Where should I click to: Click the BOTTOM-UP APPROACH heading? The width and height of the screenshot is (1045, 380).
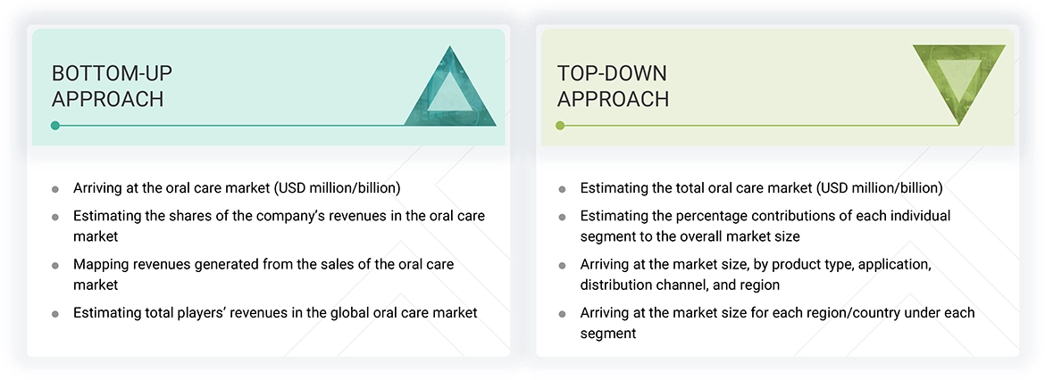(x=112, y=86)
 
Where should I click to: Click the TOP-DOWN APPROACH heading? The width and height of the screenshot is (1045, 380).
(x=613, y=86)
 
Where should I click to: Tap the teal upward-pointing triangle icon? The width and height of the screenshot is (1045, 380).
(x=450, y=87)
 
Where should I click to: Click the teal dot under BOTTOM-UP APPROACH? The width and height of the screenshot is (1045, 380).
(x=55, y=125)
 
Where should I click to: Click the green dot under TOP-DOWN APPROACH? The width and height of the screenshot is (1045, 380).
(x=561, y=125)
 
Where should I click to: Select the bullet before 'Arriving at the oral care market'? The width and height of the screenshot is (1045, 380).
(x=55, y=190)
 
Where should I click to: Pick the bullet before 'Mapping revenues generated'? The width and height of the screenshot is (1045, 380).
(x=55, y=266)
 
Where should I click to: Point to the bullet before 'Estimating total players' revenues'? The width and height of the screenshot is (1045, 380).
(x=55, y=314)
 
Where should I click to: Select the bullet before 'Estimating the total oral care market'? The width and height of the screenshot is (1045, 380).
(x=562, y=190)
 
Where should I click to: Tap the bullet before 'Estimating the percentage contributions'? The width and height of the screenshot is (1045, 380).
(x=562, y=218)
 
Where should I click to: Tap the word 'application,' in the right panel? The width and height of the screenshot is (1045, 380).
(x=894, y=264)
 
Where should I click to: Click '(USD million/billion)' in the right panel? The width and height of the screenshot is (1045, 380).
(x=879, y=188)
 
